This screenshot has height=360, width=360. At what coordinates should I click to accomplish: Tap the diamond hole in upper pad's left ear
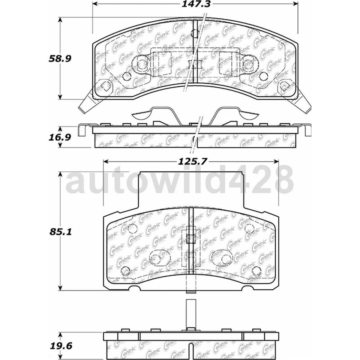(106, 87)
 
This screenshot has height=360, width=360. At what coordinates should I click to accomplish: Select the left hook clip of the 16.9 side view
(82, 130)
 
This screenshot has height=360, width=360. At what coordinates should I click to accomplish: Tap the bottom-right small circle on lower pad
(256, 271)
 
